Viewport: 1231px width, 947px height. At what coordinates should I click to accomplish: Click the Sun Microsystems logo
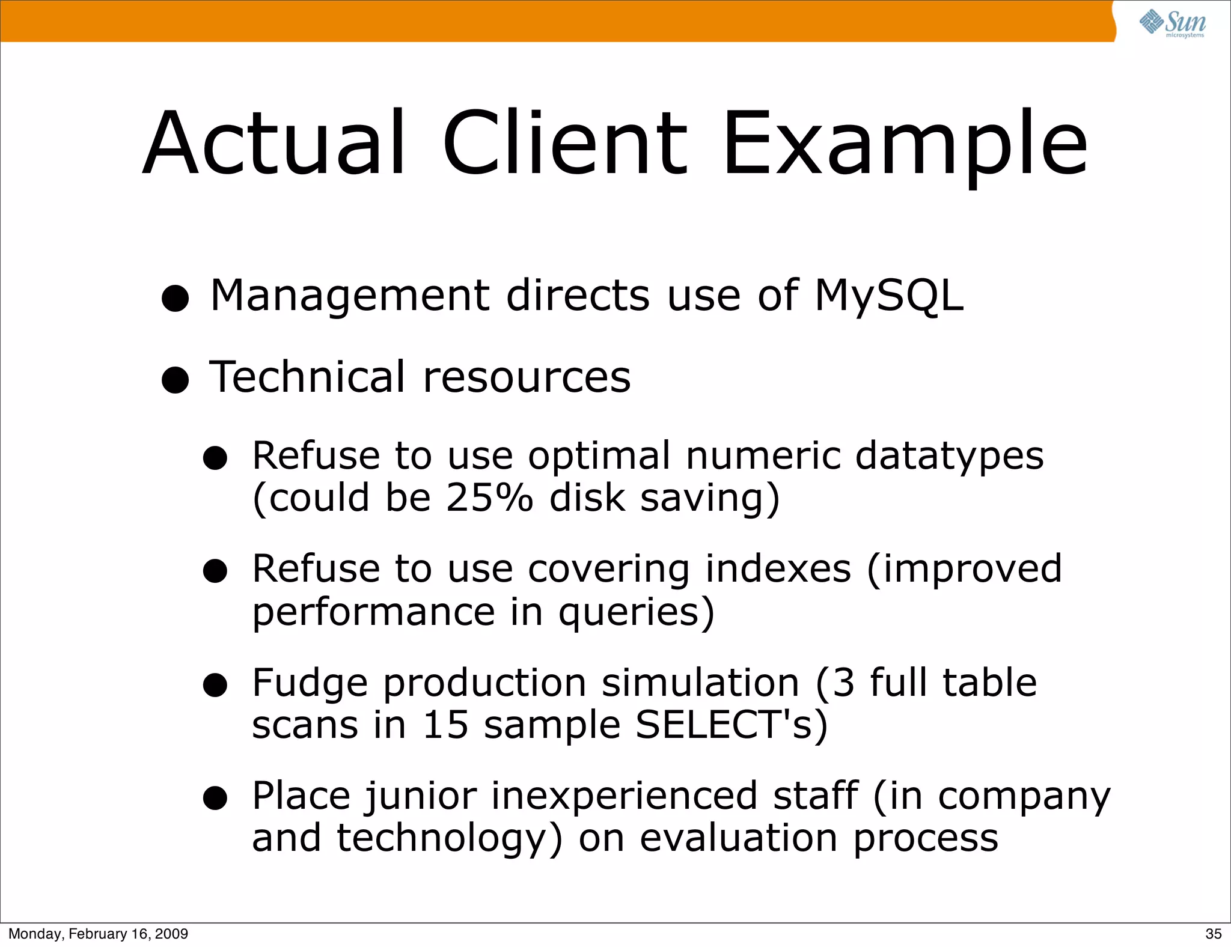tap(1173, 23)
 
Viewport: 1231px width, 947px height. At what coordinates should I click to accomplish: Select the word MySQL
tap(888, 296)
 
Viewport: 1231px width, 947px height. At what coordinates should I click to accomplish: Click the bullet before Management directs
tap(176, 298)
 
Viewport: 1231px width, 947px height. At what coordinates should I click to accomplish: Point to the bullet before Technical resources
tap(176, 380)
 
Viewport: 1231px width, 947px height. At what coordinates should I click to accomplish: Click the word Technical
tap(307, 377)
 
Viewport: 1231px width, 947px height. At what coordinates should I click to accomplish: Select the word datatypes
tap(949, 457)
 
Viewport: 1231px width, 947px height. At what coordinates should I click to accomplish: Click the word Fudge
tap(310, 684)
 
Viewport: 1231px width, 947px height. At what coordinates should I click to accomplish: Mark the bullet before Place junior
tap(215, 799)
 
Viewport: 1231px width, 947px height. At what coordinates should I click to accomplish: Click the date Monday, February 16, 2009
tap(98, 933)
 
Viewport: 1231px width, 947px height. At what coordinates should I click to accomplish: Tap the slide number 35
tap(1213, 933)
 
